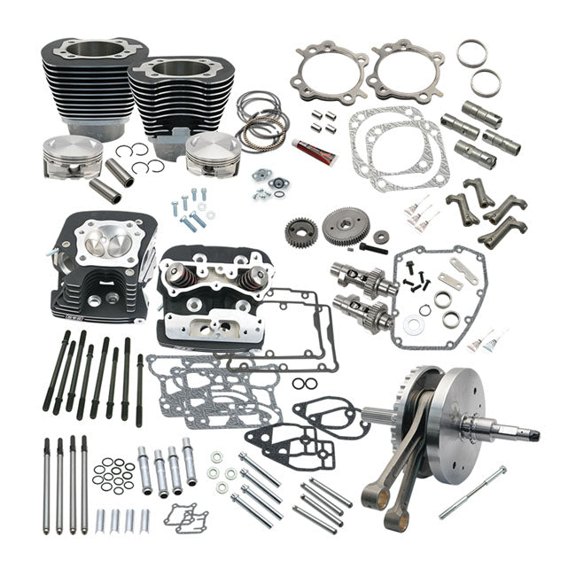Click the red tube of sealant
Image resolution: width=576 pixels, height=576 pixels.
(x=315, y=151)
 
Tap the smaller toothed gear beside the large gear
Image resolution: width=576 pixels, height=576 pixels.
(x=301, y=232)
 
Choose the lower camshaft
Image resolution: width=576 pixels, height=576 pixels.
(x=363, y=312)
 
